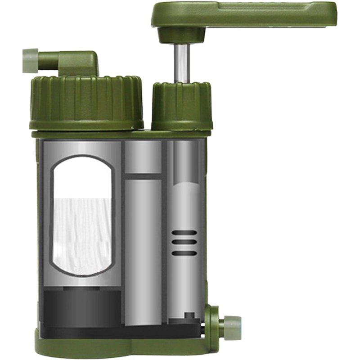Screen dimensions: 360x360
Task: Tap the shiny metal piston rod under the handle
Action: (x=181, y=63)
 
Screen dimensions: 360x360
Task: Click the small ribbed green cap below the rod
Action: (x=181, y=106)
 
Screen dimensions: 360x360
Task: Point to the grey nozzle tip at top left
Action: (x=30, y=60)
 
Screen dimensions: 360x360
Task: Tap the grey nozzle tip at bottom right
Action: (x=232, y=327)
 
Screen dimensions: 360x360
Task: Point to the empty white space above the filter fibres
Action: (x=81, y=178)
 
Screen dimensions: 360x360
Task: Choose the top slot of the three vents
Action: (x=184, y=233)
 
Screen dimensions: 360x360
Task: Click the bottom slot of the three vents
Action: (x=184, y=252)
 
